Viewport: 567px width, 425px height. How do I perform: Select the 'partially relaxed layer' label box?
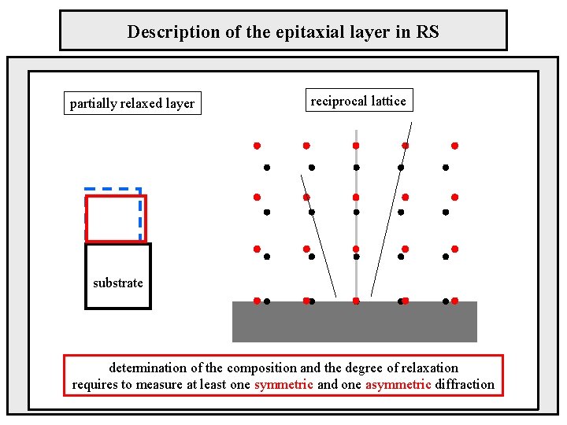click(132, 103)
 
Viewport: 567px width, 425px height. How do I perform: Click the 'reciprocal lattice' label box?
click(358, 101)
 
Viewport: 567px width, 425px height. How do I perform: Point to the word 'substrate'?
click(118, 283)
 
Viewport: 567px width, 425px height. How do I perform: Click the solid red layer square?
click(116, 218)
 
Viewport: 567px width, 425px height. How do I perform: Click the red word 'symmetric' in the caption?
click(283, 384)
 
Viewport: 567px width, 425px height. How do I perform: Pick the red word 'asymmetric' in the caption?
click(398, 384)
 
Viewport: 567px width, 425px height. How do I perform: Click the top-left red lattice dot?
click(257, 146)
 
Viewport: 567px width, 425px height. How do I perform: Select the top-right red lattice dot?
click(454, 146)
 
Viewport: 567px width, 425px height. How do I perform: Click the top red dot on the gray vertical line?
click(356, 146)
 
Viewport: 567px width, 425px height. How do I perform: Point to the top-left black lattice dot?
click(267, 167)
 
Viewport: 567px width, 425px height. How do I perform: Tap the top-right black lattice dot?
click(446, 167)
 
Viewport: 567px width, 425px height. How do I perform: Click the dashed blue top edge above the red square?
click(113, 190)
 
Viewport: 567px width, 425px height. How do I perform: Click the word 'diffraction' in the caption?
click(464, 384)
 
